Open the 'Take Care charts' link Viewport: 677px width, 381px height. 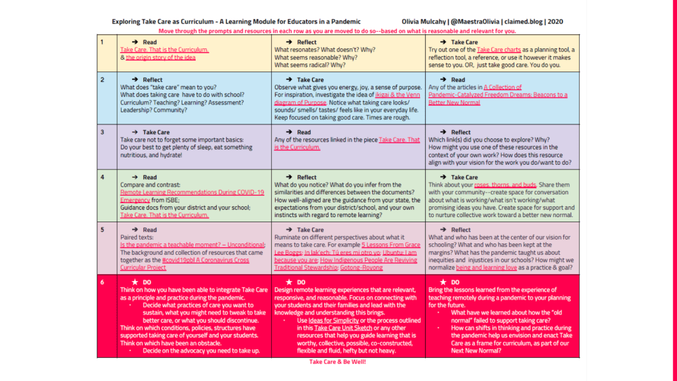(499, 50)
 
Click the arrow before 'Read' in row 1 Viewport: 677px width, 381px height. (134, 42)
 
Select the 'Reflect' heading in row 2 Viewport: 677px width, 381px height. (153, 79)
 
